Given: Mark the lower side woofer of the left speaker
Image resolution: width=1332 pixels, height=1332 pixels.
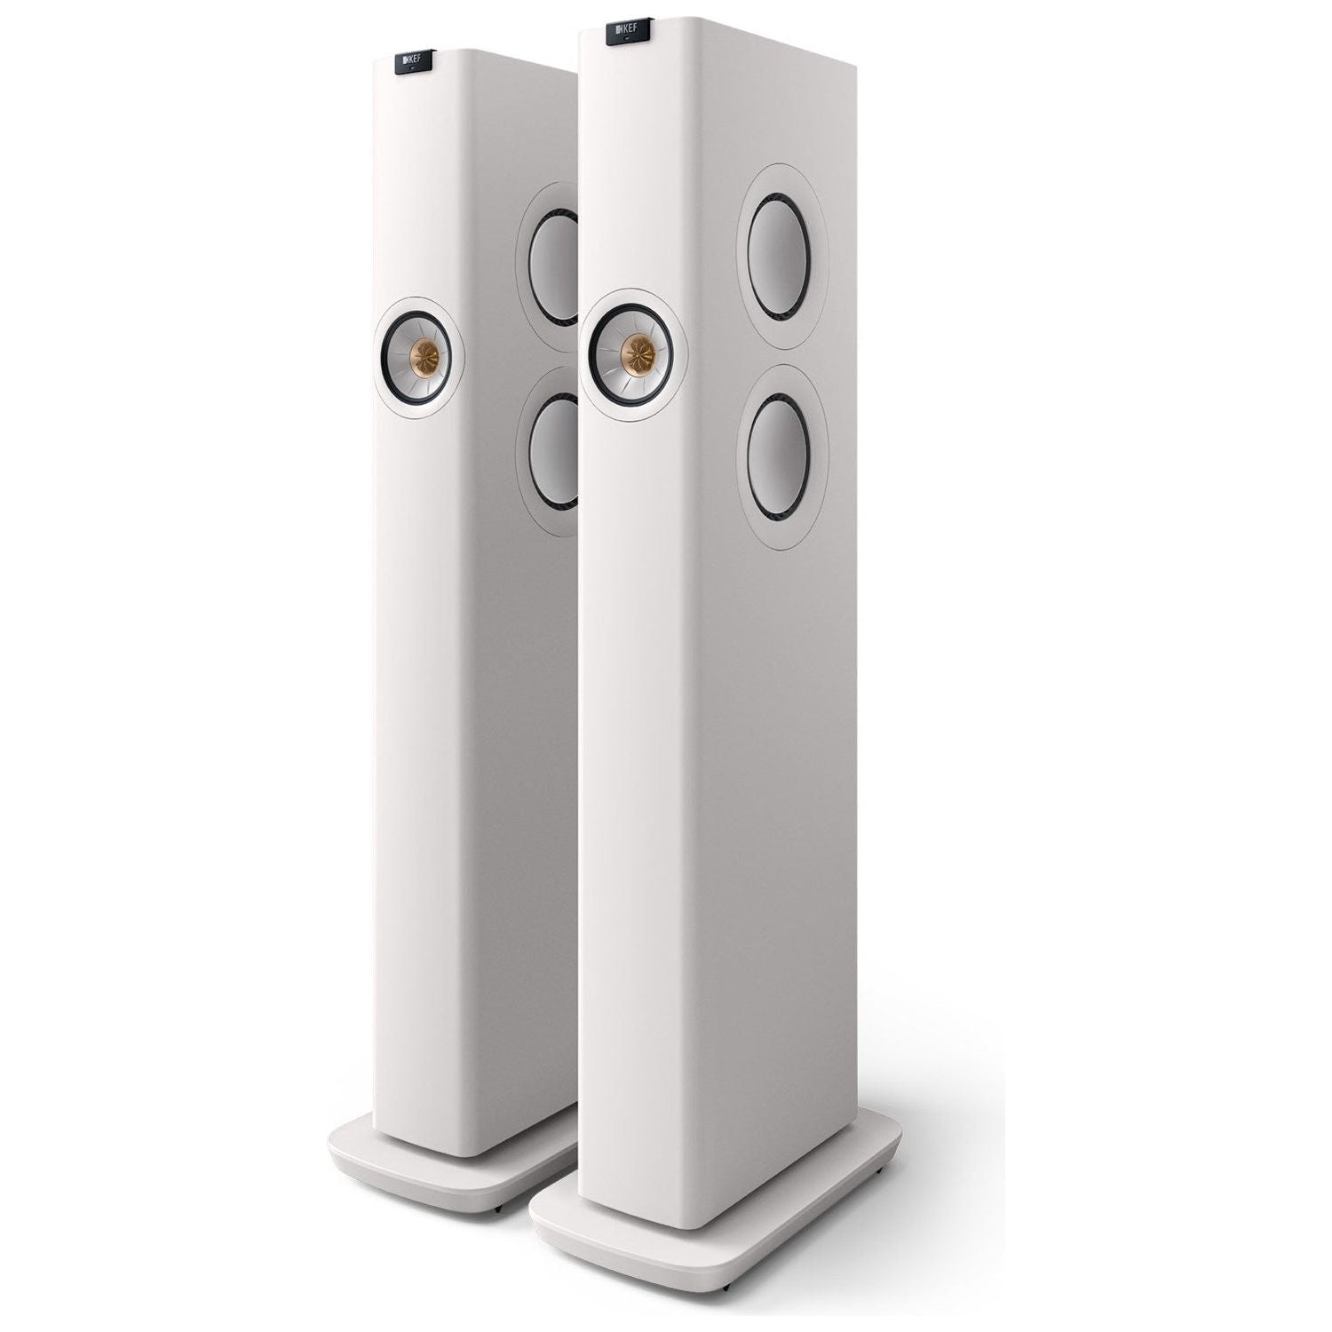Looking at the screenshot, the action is coord(552,453).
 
